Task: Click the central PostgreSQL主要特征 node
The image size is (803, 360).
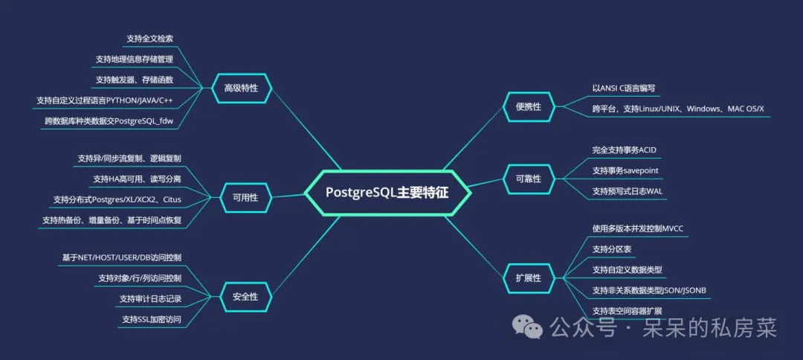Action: pos(387,191)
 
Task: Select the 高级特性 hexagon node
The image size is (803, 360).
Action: pos(241,88)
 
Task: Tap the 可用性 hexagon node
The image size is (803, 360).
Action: pos(245,198)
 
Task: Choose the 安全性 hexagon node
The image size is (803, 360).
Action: pos(245,296)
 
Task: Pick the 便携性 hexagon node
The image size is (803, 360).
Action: pos(528,107)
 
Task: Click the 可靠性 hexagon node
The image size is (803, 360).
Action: pos(528,179)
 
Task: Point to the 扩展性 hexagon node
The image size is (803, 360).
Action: pos(528,277)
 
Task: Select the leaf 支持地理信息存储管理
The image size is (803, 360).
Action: pos(134,59)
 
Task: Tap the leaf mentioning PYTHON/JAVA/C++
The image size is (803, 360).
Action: pos(108,100)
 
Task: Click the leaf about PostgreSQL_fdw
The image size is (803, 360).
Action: pos(113,120)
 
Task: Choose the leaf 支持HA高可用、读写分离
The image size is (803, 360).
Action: pos(136,179)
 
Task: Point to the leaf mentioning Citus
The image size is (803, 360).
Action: pos(117,199)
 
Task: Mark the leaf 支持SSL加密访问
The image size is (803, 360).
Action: pos(151,319)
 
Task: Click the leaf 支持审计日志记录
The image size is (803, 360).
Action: pos(149,298)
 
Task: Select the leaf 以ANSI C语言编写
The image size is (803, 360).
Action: pos(624,88)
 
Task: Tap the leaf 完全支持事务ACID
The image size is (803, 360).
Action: pos(624,150)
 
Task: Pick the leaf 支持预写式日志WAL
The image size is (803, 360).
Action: pos(627,191)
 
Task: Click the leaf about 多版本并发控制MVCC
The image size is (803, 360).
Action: pos(637,228)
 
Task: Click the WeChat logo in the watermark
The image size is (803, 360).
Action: pos(530,327)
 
